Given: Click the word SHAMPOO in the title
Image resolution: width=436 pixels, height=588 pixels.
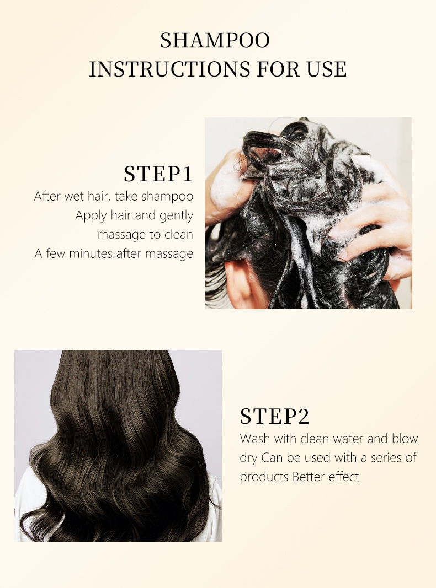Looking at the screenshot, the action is [x=215, y=40].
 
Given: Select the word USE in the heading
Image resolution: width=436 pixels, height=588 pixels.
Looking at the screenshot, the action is [x=326, y=69].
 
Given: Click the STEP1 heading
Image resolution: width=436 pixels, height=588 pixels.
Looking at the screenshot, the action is [x=158, y=174].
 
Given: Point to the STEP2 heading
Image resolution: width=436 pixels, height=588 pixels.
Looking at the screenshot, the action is [x=274, y=416].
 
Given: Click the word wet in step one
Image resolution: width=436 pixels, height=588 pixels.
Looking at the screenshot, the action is [x=75, y=196].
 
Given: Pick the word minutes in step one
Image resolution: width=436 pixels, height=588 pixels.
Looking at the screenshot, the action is [x=91, y=253].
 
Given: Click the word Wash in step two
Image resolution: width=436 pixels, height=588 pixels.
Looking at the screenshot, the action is [x=254, y=438].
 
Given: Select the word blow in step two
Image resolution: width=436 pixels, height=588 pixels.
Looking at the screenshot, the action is [x=405, y=438].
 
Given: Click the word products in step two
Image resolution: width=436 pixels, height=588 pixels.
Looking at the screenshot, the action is [x=264, y=477].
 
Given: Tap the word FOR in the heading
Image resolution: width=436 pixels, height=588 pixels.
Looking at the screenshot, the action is [x=278, y=69].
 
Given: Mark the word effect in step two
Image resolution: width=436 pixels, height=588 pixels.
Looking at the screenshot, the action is [x=344, y=477].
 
